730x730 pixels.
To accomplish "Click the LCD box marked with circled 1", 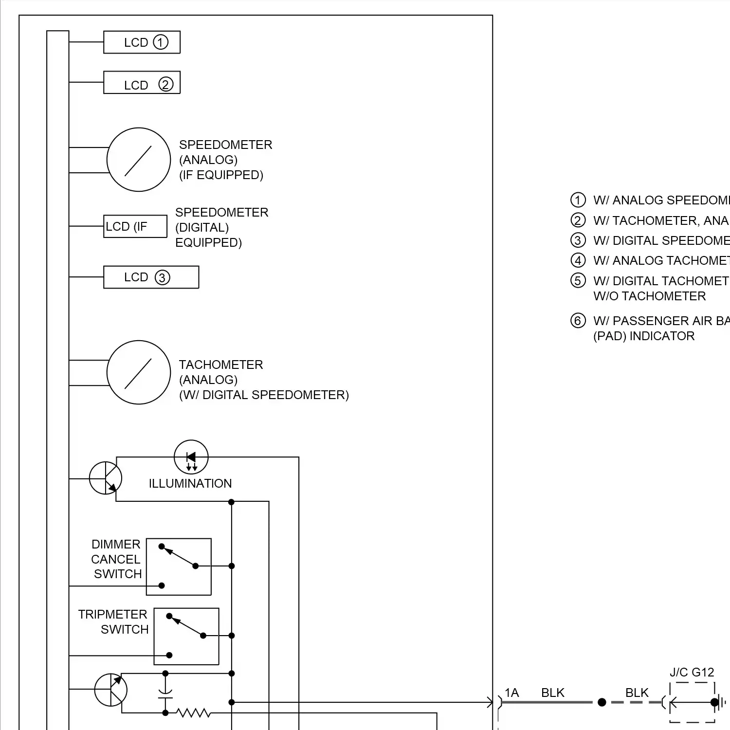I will (142, 42).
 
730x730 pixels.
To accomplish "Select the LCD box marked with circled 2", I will (142, 83).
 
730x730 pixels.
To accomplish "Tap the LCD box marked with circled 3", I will (151, 277).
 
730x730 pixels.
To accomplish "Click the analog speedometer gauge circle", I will (139, 160).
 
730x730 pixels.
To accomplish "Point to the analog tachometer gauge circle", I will (139, 372).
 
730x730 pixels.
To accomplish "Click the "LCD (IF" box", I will (135, 226).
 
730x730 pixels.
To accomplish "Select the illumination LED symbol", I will (191, 457).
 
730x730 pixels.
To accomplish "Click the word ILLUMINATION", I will (190, 484).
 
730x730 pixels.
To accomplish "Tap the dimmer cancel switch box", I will (179, 566).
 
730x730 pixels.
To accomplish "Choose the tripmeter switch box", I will (186, 636).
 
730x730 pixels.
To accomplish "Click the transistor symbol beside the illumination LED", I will (106, 478).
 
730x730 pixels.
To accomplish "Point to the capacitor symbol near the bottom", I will (165, 694).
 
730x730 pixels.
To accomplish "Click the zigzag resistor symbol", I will (194, 713).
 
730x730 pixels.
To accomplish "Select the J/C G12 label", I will (692, 673).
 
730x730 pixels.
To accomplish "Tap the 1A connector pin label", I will (511, 693).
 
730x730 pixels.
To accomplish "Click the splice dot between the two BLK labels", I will (602, 702).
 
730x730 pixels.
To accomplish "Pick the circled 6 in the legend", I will (578, 321).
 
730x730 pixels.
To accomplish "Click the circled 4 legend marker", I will (578, 261).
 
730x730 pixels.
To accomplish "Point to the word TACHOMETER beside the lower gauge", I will (221, 365).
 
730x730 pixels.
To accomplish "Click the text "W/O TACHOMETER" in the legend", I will (649, 296).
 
